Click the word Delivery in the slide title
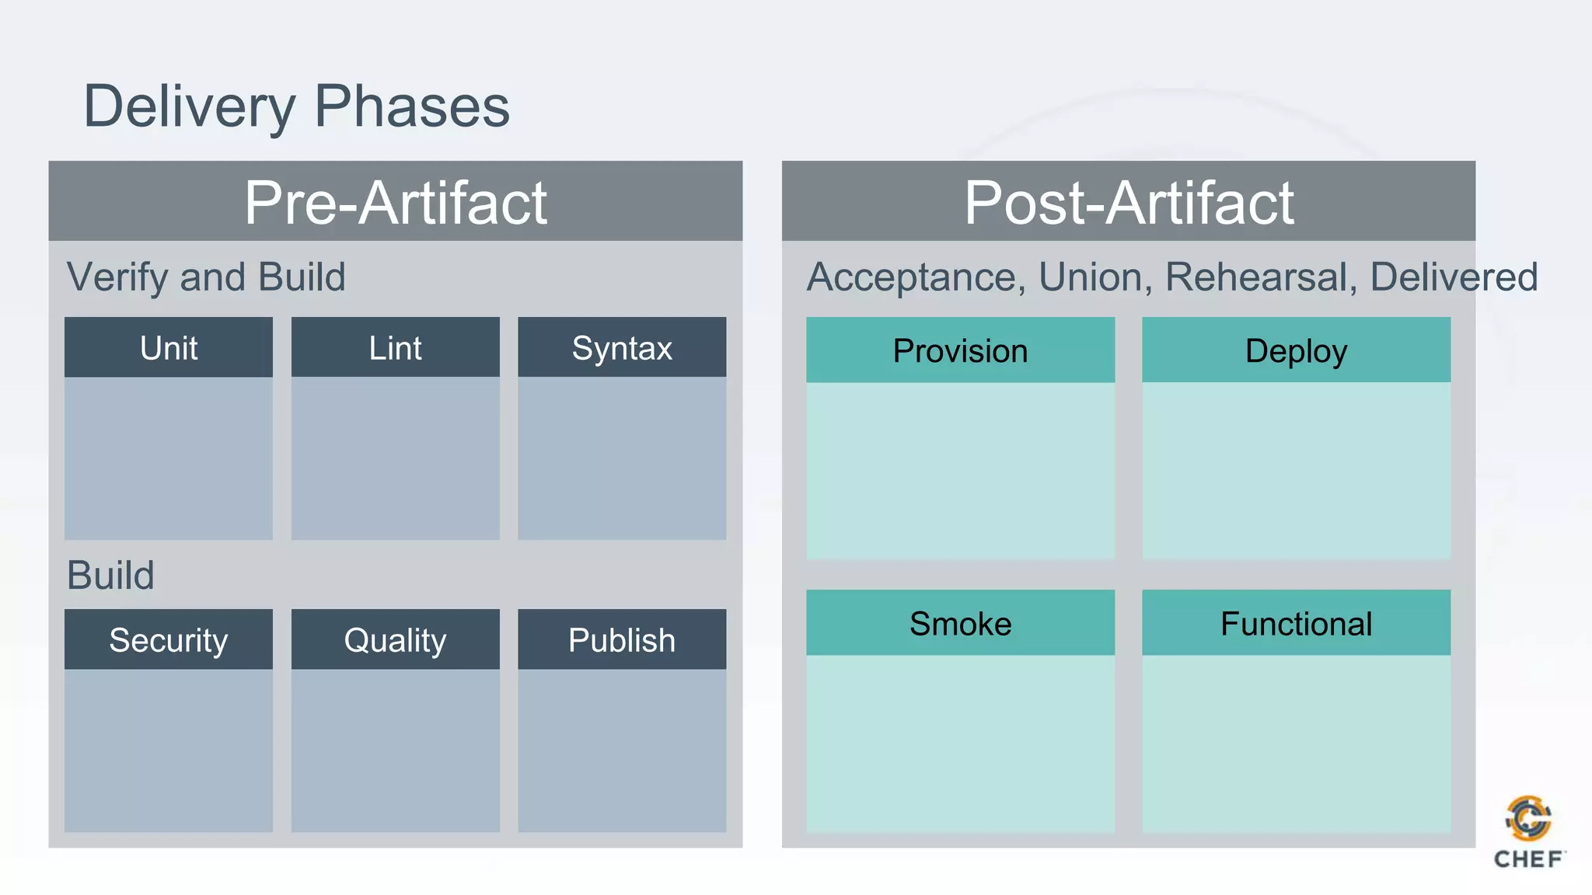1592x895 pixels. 190,106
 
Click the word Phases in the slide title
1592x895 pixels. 412,106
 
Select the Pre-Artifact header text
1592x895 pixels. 396,203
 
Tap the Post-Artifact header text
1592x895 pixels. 1129,203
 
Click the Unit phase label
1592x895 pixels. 169,348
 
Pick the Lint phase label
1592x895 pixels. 395,348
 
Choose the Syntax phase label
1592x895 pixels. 622,348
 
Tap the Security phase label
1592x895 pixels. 169,640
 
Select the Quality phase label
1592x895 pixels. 395,640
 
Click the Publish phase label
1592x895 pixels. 622,640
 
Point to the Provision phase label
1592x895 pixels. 960,351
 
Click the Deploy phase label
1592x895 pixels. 1296,351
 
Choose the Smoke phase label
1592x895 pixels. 960,624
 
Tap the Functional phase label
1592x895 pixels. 1296,624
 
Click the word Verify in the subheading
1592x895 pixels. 117,277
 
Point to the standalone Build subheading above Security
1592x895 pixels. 110,576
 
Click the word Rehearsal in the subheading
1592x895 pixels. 1261,277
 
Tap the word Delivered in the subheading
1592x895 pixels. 1454,277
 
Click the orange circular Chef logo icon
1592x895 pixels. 1528,819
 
